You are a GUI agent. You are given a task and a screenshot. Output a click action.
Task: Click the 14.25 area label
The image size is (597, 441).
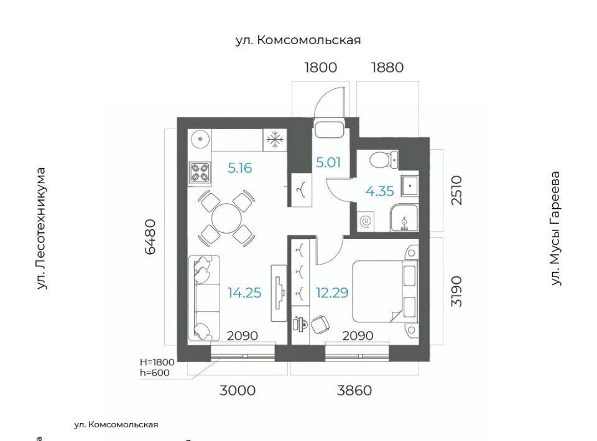pyautogui.click(x=244, y=293)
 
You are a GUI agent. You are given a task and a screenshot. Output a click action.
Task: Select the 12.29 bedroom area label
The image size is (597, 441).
pyautogui.click(x=332, y=293)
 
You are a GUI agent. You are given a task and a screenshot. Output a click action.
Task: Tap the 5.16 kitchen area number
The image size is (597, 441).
pyautogui.click(x=240, y=168)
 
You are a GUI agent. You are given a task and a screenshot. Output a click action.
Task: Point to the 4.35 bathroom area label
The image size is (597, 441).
pyautogui.click(x=379, y=191)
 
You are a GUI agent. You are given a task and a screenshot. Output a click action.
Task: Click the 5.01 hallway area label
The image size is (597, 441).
pyautogui.click(x=328, y=162)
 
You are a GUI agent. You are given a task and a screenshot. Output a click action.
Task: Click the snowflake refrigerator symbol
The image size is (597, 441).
pyautogui.click(x=275, y=140)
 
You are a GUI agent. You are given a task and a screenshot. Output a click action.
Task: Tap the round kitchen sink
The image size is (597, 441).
pyautogui.click(x=200, y=140)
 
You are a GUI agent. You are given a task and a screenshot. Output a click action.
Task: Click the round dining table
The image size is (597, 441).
pyautogui.click(x=226, y=219)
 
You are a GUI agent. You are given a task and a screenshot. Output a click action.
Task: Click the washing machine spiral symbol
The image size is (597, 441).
pyautogui.click(x=366, y=221)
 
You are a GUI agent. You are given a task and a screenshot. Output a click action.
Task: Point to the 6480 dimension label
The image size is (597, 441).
pyautogui.click(x=150, y=237)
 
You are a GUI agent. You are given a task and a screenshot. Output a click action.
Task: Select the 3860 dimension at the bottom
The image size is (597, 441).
pyautogui.click(x=354, y=390)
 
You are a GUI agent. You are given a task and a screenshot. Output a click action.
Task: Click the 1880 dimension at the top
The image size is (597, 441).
pyautogui.click(x=387, y=68)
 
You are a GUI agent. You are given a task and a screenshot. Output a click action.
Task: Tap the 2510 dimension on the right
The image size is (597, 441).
pyautogui.click(x=456, y=190)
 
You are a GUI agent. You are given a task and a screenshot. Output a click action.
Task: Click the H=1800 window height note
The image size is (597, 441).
pyautogui.click(x=157, y=362)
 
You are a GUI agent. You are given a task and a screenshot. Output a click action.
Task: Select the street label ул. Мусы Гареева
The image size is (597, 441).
pyautogui.click(x=555, y=229)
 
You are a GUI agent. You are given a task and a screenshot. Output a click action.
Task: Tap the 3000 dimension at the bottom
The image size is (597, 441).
pyautogui.click(x=237, y=390)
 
